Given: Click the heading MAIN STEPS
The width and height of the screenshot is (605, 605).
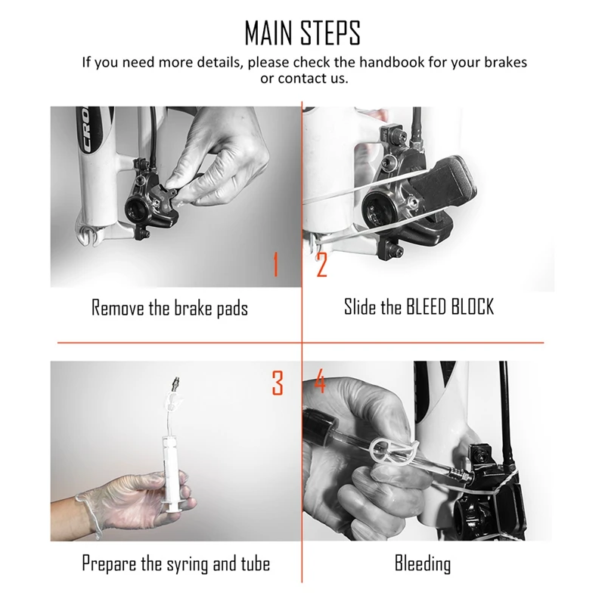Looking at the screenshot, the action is coord(302,33).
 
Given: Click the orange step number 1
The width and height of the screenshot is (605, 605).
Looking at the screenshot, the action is coord(275,264).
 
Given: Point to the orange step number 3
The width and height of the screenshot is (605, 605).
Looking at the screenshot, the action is coord(278,383).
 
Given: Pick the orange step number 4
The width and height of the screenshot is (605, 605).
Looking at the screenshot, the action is coord(320,381).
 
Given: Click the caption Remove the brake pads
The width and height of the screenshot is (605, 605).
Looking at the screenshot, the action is coord(169,308).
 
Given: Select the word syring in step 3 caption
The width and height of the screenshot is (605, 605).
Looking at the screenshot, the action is coord(188,564).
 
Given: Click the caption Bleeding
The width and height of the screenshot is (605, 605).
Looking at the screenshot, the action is coord(423,563).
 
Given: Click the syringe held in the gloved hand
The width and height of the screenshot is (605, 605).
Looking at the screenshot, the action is coord(170,470).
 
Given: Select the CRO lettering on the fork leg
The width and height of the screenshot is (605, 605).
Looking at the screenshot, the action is coord(88,129).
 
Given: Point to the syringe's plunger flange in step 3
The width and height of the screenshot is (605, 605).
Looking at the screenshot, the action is coord(172,510).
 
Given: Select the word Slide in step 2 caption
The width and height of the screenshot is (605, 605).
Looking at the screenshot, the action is coord(360,307).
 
